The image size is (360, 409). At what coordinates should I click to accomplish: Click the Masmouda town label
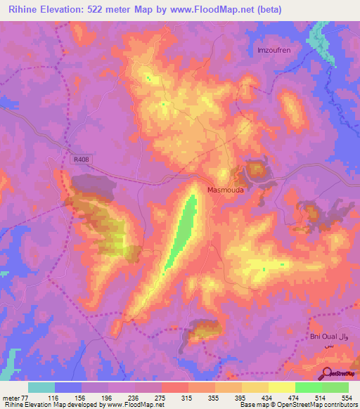227,190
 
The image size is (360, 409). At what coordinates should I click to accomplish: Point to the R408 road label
81,160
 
